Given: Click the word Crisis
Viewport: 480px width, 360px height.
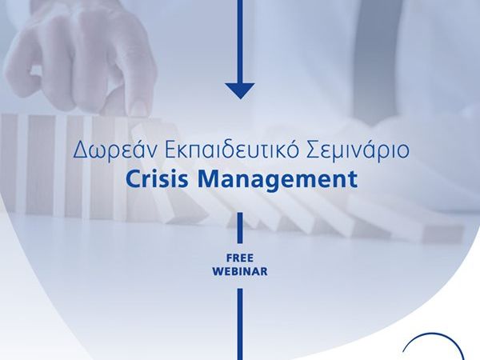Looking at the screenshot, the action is click(x=157, y=178).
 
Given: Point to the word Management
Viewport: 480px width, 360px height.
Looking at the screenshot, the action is click(x=277, y=180).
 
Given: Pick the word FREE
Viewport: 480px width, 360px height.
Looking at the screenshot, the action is click(x=240, y=258).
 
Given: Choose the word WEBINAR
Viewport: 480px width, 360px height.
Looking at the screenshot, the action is click(x=240, y=271).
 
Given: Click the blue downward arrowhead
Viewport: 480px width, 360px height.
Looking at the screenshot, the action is click(x=240, y=91).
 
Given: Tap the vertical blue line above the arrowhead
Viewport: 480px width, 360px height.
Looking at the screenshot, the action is click(x=240, y=42).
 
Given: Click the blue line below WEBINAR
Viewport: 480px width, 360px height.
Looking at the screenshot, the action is click(x=240, y=324).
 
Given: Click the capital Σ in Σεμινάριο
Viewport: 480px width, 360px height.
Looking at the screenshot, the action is click(x=314, y=150).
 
